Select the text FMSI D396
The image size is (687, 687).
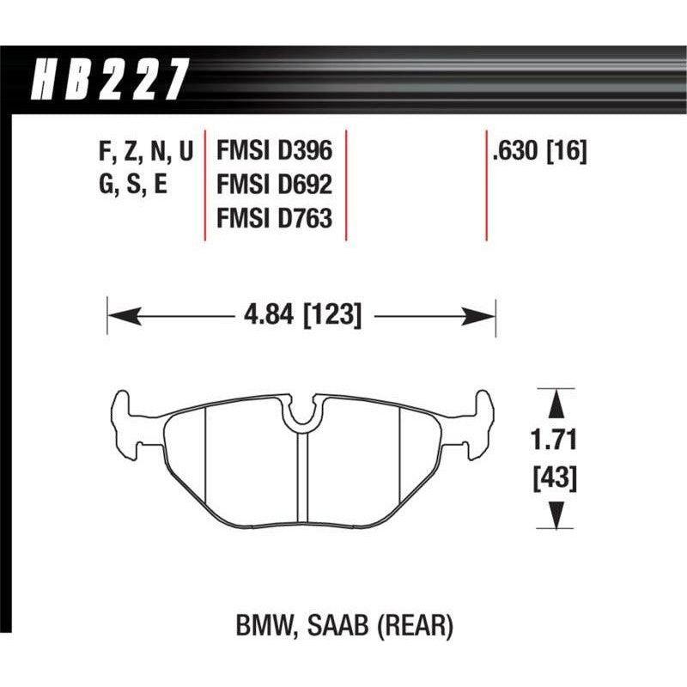[x=272, y=152]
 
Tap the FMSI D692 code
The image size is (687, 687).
[x=272, y=185]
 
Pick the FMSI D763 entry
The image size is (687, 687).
[x=272, y=219]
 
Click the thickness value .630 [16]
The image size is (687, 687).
[x=538, y=152]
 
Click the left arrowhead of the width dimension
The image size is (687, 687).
[x=117, y=316]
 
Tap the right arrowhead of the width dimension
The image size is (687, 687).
[x=486, y=316]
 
